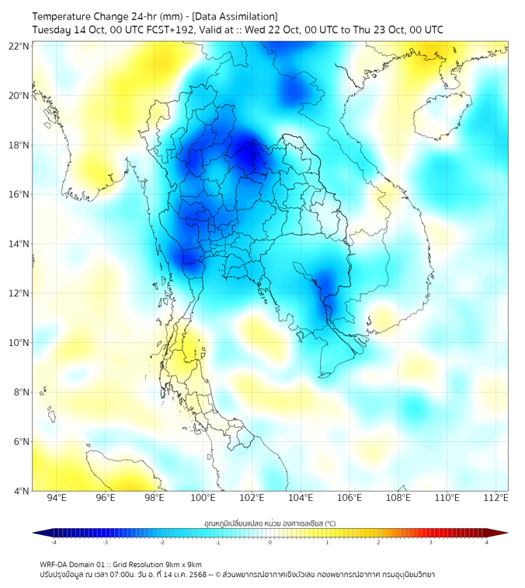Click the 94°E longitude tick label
57,499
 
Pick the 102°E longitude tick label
252,499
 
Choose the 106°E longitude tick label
349,499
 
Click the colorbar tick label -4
53,542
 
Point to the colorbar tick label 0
270,542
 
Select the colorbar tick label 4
487,542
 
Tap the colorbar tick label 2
379,542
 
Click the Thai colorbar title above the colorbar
269,522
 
